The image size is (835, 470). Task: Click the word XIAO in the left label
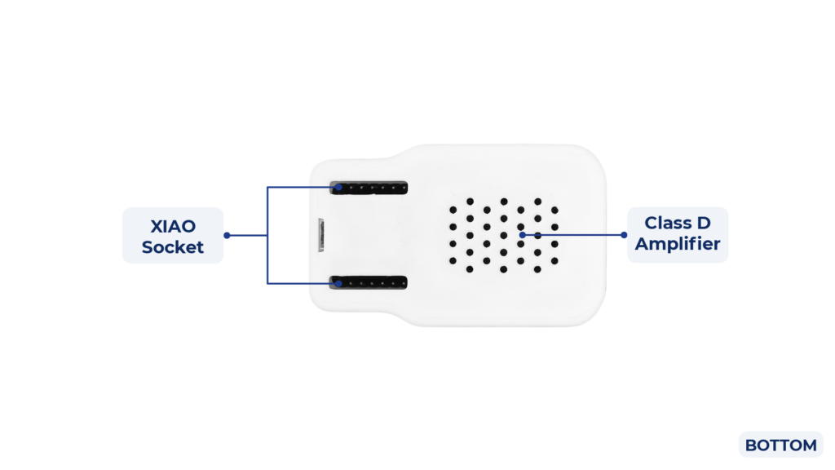[x=173, y=225]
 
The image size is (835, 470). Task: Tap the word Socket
[x=173, y=246]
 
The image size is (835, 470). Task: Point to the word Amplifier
[x=678, y=243]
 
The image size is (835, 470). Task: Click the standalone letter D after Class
[x=705, y=223]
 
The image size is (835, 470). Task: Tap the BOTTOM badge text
[x=780, y=446]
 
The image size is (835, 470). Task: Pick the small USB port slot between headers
[x=322, y=235]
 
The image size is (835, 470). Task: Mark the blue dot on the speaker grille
[x=522, y=235]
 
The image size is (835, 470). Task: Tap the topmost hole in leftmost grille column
[x=453, y=209]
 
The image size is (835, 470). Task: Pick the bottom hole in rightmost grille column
[x=555, y=261]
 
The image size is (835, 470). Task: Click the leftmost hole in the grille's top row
[x=470, y=201]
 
